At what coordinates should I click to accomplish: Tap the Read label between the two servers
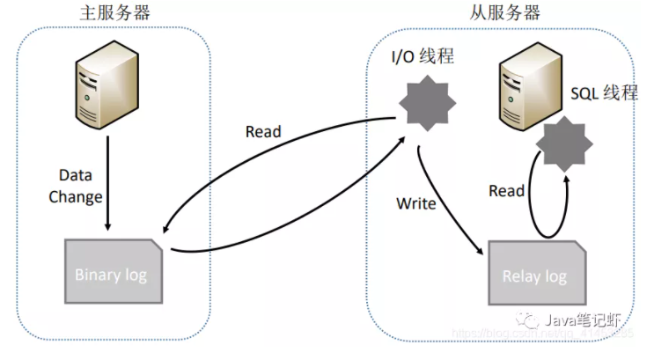click(x=262, y=132)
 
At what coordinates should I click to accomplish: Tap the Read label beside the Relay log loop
click(x=507, y=191)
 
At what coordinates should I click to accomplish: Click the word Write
click(x=416, y=204)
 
